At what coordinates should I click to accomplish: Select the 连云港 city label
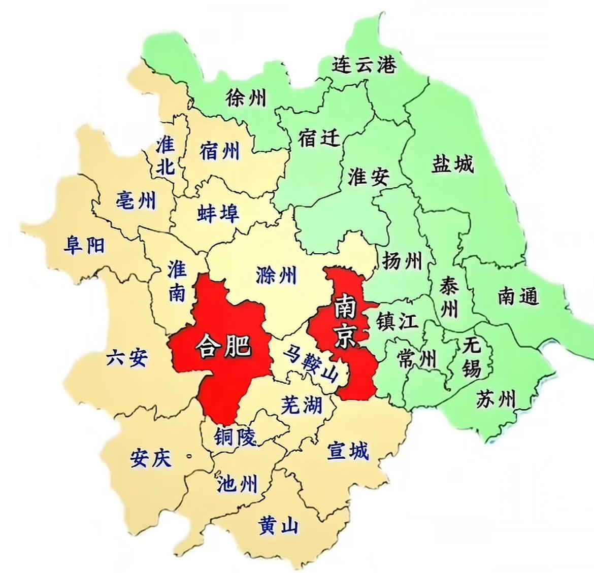(x=364, y=64)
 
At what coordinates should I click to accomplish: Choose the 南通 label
(x=518, y=296)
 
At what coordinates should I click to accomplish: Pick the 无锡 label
(x=472, y=358)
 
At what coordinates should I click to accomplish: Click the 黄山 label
(x=278, y=525)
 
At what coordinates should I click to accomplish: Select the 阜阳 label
(x=84, y=246)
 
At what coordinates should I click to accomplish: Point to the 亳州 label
(x=136, y=201)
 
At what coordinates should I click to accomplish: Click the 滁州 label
(x=276, y=275)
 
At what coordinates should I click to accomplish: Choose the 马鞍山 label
(x=311, y=363)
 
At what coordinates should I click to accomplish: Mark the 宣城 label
(x=348, y=451)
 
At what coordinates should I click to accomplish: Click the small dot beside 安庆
(x=190, y=456)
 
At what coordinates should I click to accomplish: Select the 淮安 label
(x=369, y=176)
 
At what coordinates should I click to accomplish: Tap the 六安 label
(x=127, y=358)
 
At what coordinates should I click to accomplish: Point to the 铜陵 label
(x=235, y=436)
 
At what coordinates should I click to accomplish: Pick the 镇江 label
(x=397, y=321)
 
